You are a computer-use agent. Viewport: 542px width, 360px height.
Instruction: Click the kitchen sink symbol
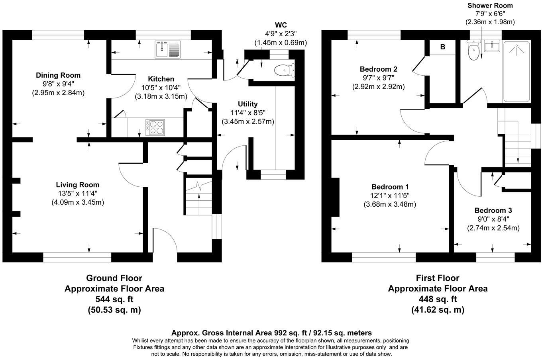coord(168,49)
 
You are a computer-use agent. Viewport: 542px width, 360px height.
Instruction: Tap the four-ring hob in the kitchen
coord(156,127)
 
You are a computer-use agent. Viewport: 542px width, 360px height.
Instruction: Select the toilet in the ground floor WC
coord(283,70)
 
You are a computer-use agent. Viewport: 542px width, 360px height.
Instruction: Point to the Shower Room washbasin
coord(492,47)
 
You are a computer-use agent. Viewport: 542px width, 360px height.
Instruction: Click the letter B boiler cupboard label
coord(442,47)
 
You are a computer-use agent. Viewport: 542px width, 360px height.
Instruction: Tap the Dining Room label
coord(58,75)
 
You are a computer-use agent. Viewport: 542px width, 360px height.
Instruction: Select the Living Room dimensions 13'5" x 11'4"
coord(77,194)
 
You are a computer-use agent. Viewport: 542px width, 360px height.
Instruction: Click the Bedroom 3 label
coord(493,211)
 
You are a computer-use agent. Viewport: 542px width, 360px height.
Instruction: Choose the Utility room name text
coord(248,104)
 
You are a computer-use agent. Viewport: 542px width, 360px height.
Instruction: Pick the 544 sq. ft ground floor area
coord(114,299)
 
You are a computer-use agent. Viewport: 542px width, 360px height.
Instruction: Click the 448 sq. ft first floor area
coord(437,299)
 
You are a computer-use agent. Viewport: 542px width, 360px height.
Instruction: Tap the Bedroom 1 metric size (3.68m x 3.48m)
coord(390,204)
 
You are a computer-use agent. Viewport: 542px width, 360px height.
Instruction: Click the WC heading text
coord(281,25)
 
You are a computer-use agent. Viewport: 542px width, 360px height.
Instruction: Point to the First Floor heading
coord(438,278)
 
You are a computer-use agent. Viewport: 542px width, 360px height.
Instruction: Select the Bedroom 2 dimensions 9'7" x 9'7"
coord(378,78)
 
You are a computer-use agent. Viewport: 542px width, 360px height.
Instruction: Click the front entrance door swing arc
coord(164,239)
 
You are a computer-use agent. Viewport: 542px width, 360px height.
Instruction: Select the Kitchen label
coord(161,79)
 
